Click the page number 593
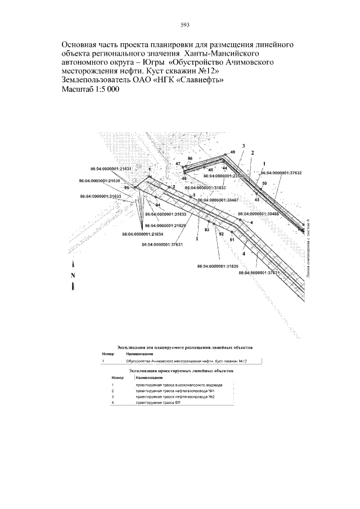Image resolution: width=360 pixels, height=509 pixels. click(x=184, y=25)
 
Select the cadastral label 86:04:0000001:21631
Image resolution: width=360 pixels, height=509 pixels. click(x=111, y=168)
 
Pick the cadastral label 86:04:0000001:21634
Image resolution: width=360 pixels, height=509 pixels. click(x=143, y=234)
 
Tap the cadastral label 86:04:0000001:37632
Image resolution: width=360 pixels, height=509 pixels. click(x=281, y=173)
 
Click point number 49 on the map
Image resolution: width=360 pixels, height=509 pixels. click(x=232, y=153)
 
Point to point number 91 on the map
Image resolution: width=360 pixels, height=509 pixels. click(x=232, y=240)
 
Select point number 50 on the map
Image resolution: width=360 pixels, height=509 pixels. click(x=264, y=184)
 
